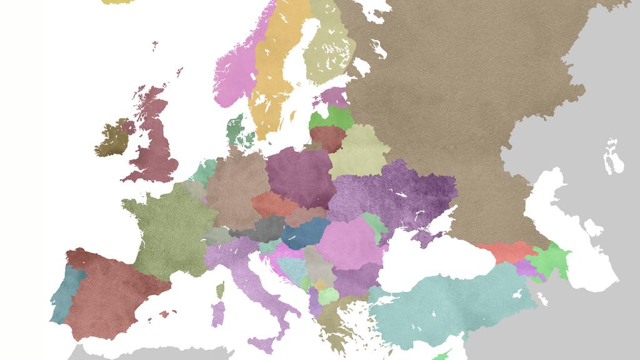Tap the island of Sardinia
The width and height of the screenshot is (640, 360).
pos(217,312)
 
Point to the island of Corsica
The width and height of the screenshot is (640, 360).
pos(220,289)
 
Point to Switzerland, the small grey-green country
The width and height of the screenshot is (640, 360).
pos(217,236)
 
